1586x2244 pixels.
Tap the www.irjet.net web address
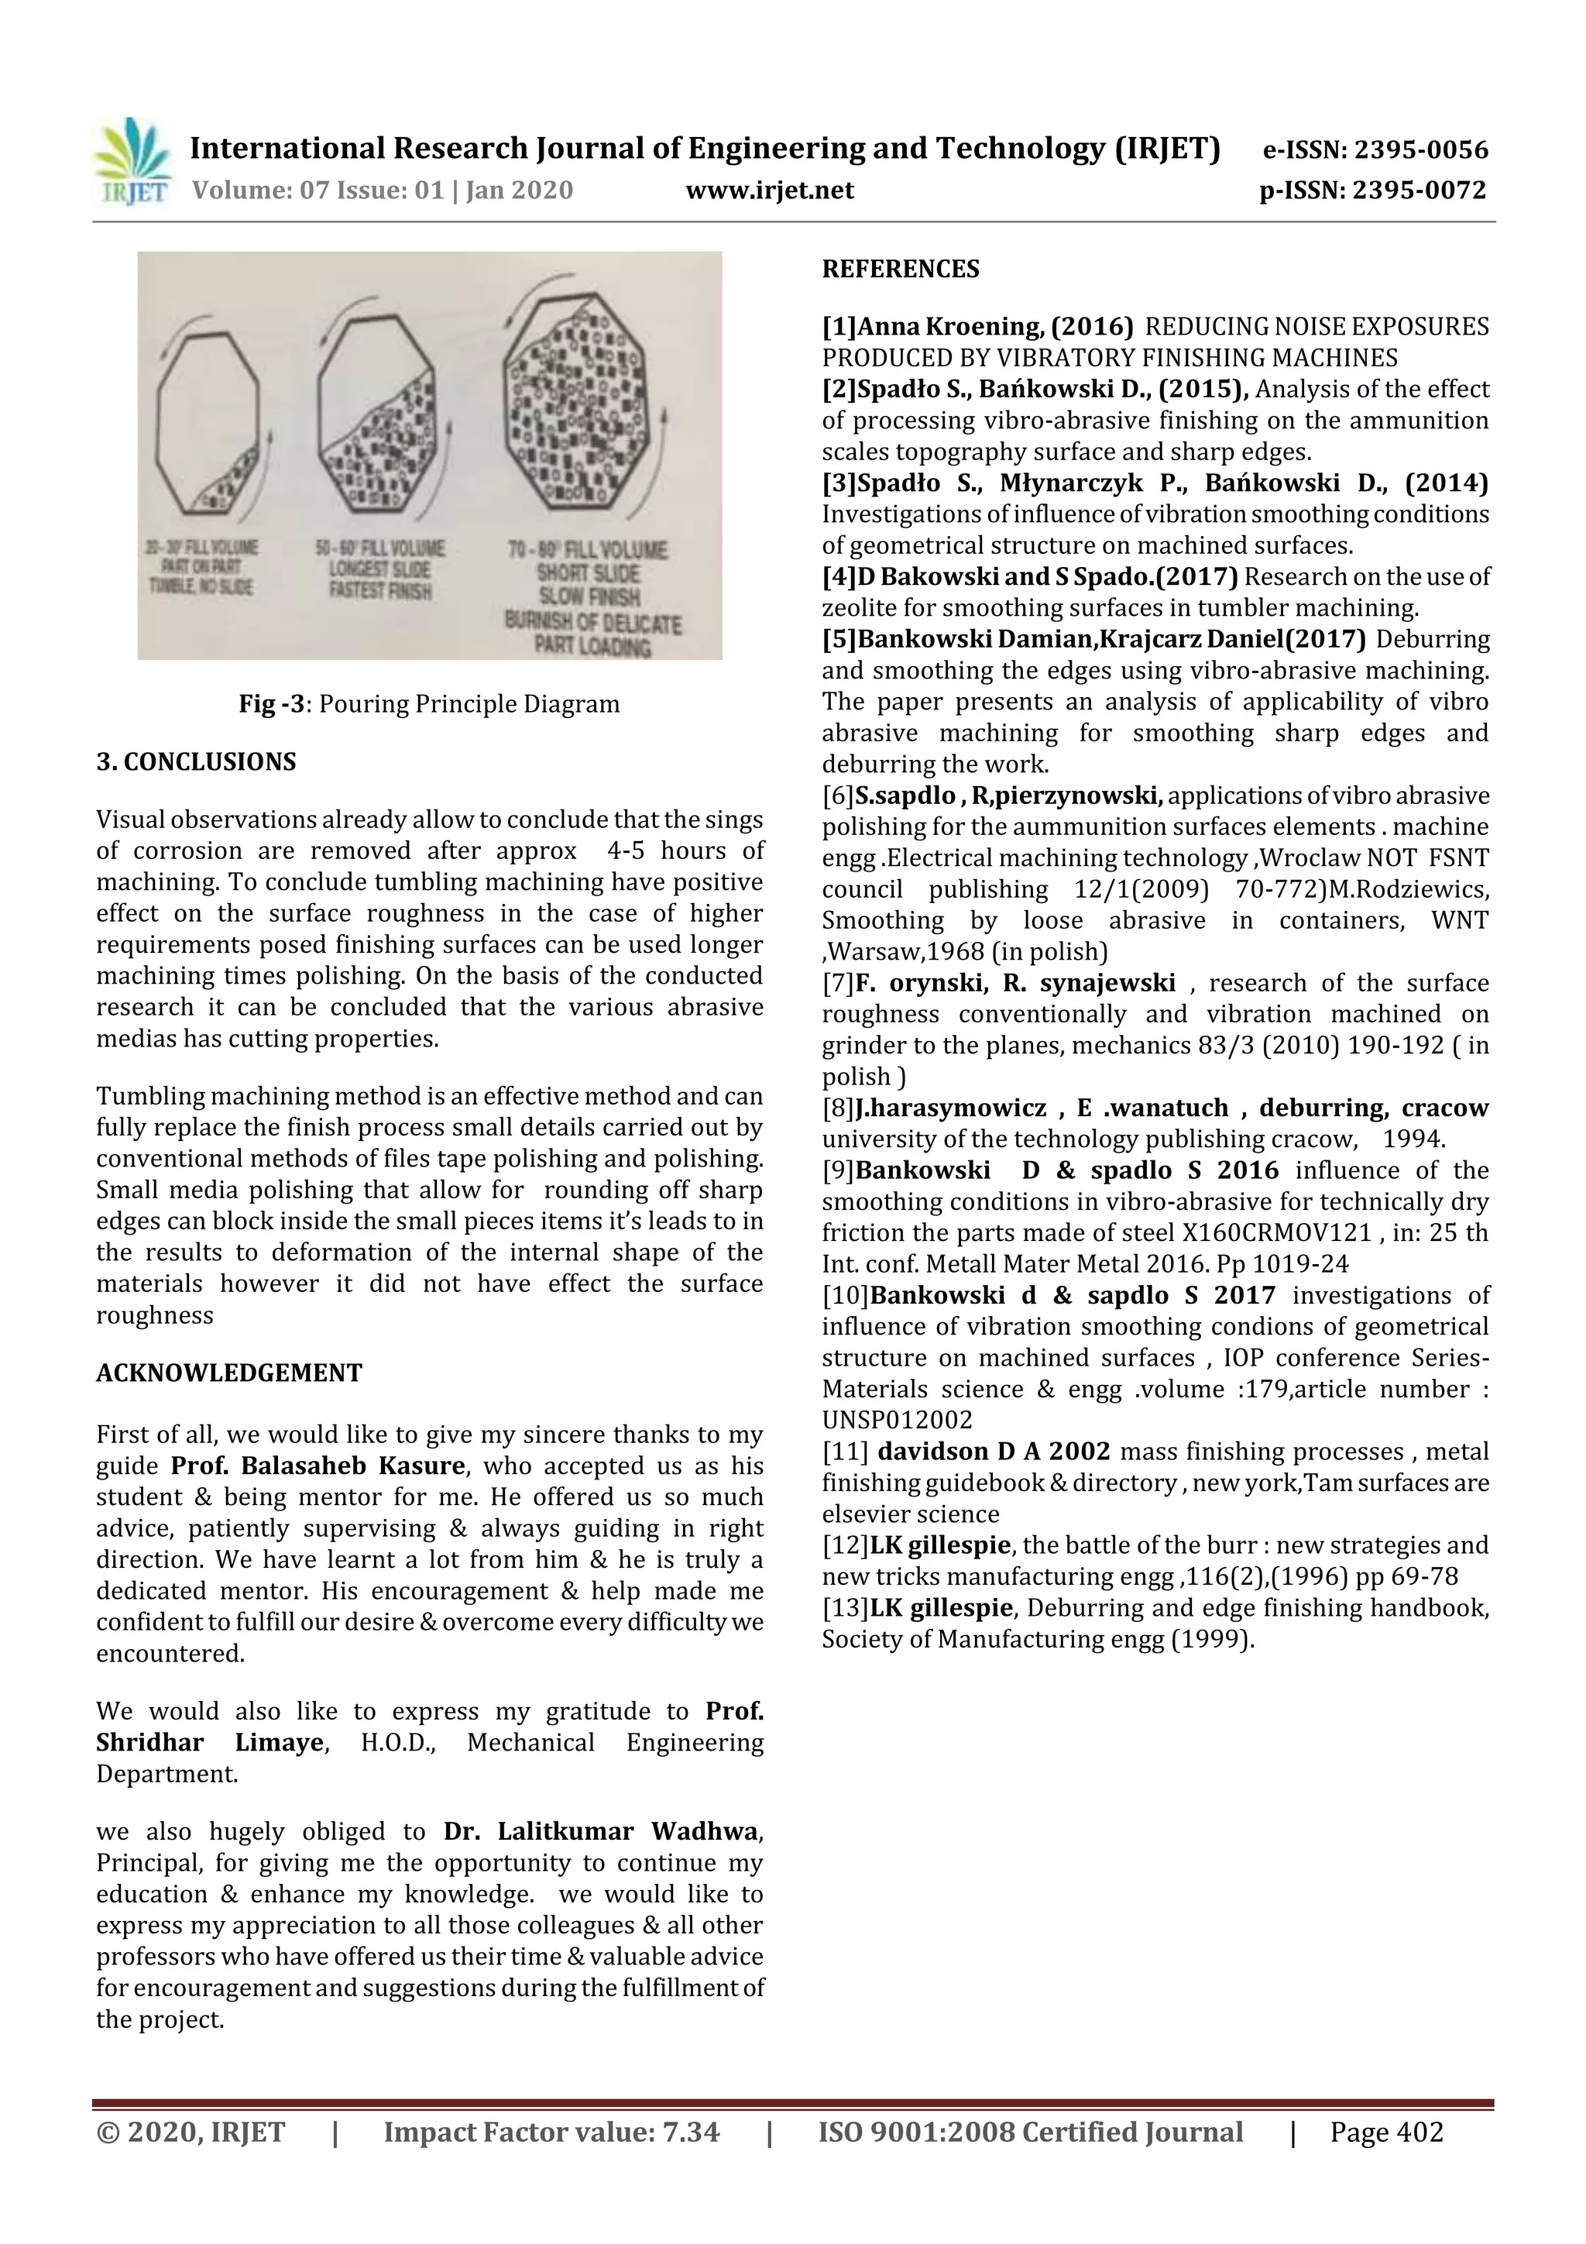click(769, 190)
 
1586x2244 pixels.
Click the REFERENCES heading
click(900, 269)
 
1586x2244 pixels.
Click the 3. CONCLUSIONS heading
click(195, 761)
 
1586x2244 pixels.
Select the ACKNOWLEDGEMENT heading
click(228, 1373)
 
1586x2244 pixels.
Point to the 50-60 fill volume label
click(379, 548)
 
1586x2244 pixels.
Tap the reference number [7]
click(837, 982)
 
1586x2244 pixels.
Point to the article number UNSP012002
click(896, 1420)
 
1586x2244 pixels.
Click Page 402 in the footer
click(1385, 2132)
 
